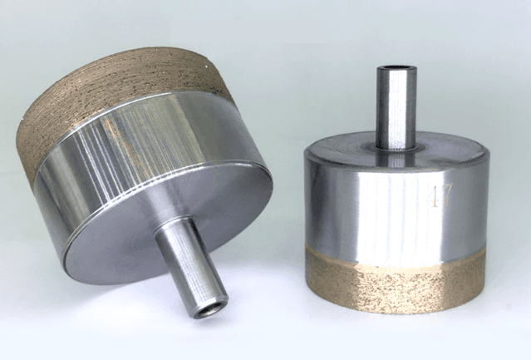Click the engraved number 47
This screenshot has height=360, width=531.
(440, 195)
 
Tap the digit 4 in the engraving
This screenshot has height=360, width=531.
(433, 197)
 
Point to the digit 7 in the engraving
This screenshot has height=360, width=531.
(446, 195)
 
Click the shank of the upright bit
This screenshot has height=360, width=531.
(396, 107)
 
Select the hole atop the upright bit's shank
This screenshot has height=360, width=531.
(396, 68)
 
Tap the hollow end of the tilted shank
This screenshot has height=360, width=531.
(211, 310)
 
